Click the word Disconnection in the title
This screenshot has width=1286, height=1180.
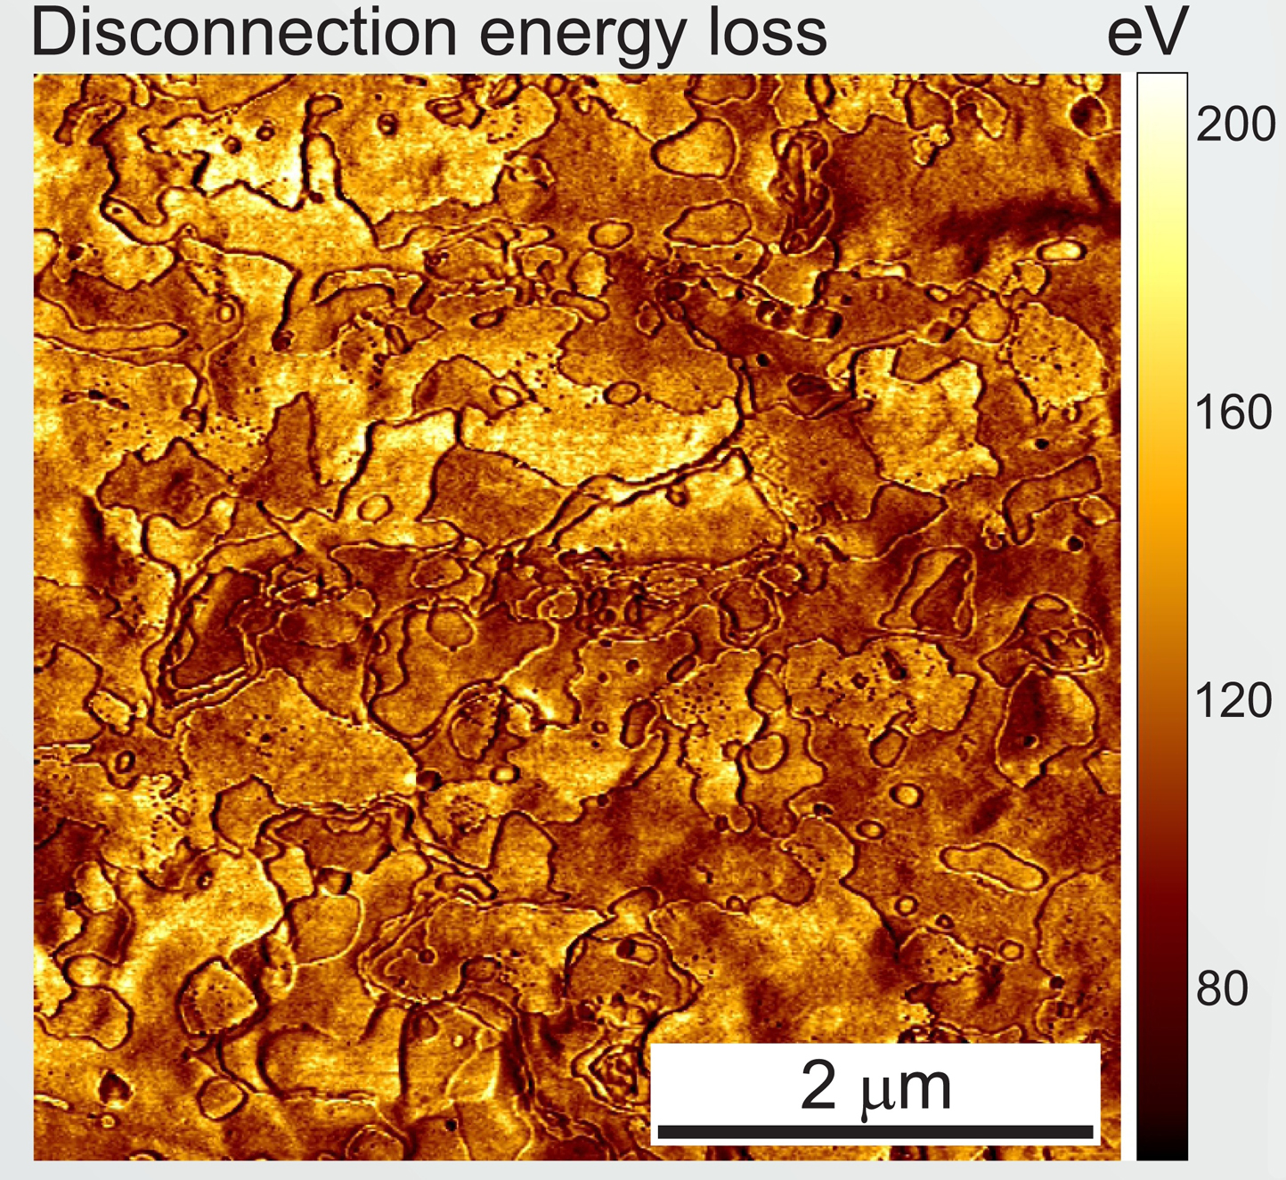[244, 31]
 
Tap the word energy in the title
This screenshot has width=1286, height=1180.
[581, 37]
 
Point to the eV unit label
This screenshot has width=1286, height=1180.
[1148, 32]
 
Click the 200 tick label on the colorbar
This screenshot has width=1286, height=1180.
[1235, 125]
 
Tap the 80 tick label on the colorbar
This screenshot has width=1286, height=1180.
[1222, 989]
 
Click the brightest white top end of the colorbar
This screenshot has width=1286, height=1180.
[1162, 78]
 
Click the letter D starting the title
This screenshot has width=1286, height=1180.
[52, 31]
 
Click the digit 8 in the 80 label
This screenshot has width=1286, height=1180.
[1209, 989]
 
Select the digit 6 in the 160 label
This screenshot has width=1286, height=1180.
[1234, 411]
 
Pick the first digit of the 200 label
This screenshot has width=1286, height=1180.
[1209, 125]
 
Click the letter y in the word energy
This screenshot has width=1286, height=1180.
[664, 43]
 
